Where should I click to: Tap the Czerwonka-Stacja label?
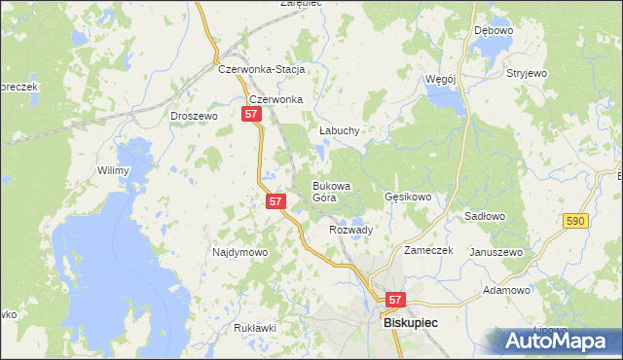coord(263,70)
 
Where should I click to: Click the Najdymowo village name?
coord(239,252)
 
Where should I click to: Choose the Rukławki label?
coord(256,328)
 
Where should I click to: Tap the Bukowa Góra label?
coord(331,191)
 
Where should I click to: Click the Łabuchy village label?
coord(340,130)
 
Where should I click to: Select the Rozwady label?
coord(351,230)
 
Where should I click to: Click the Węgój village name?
coord(440,78)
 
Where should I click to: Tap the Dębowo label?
coord(494,30)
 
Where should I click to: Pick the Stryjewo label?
coord(527,73)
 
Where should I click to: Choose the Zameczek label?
coord(429,250)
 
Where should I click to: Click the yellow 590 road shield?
coord(574,223)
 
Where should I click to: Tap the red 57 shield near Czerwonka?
coord(251,114)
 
